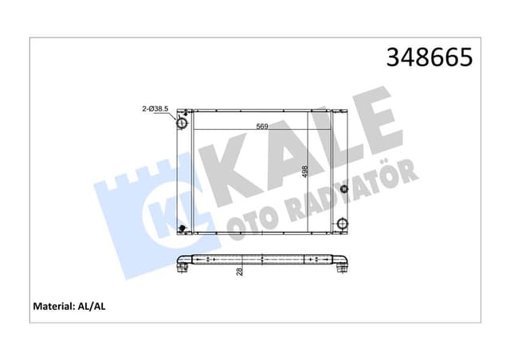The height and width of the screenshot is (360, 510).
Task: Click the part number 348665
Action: [429, 58]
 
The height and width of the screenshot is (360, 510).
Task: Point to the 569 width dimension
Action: [261, 125]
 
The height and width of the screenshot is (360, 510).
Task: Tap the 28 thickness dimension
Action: [239, 272]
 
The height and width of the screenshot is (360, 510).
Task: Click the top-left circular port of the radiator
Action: [182, 124]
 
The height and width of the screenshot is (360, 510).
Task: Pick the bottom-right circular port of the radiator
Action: [342, 224]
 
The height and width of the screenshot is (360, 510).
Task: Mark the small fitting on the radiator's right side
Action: [343, 190]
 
